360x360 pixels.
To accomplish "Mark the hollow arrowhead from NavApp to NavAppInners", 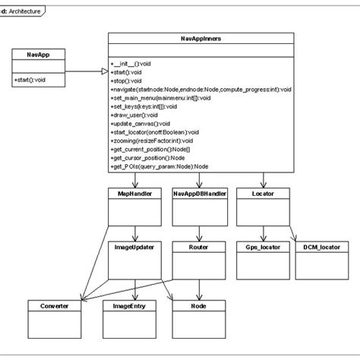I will (x=103, y=71).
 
